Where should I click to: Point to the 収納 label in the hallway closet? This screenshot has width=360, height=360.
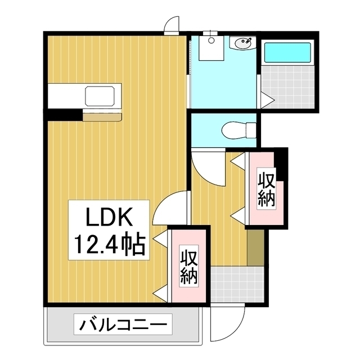click(267, 189)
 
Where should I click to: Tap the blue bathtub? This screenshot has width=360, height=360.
click(287, 52)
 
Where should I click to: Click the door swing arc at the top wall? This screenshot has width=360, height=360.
click(171, 25)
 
